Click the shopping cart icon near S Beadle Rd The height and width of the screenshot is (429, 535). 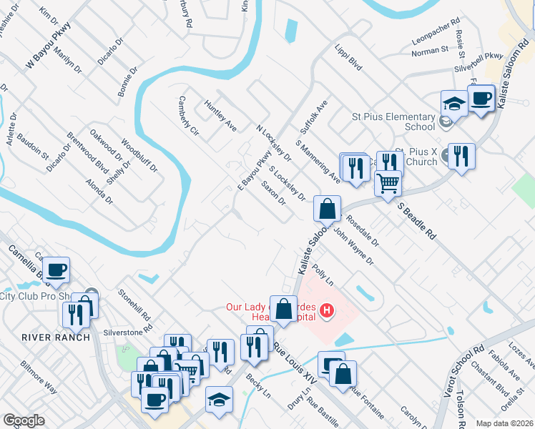click(388, 182)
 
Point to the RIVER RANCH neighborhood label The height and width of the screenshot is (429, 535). click(56, 337)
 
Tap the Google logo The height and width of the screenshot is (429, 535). click(24, 420)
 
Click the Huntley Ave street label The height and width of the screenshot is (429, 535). click(220, 116)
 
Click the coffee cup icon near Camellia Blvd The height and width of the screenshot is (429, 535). click(56, 270)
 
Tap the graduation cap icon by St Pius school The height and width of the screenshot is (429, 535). click(454, 104)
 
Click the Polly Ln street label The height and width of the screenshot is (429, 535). click(324, 277)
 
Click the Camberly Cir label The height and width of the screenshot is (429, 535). click(189, 116)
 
